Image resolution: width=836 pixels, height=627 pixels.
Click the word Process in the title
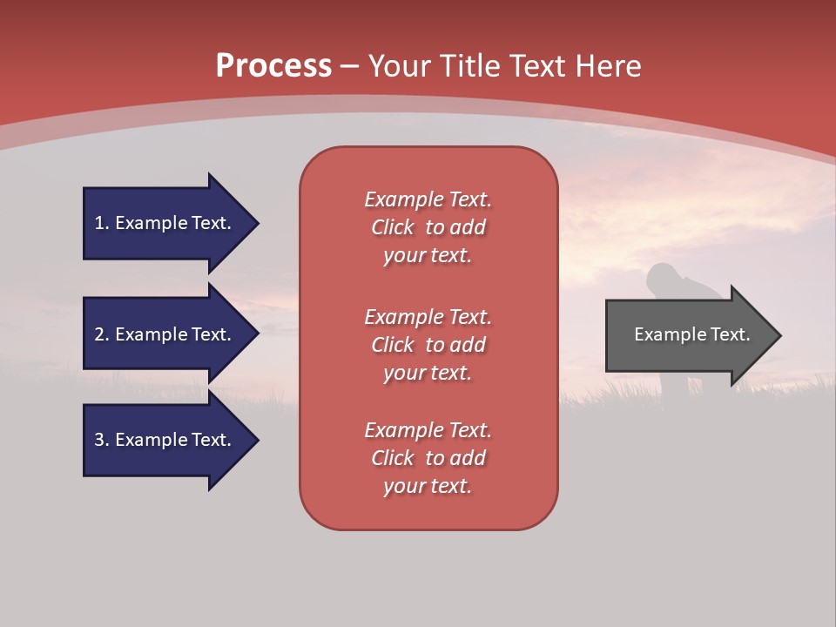(x=273, y=66)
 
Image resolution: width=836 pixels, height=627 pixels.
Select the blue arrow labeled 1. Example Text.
(x=165, y=223)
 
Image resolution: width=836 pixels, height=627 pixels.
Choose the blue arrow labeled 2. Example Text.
(x=165, y=334)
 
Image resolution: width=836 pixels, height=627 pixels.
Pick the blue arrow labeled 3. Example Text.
(x=165, y=440)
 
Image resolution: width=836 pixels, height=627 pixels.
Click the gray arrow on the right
(x=688, y=335)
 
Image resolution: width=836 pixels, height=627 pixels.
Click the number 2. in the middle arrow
(x=102, y=334)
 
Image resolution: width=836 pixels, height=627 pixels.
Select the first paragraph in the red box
(x=428, y=227)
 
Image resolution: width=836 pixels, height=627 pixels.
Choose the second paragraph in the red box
(x=428, y=345)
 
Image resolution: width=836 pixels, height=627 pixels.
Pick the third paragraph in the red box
(x=428, y=458)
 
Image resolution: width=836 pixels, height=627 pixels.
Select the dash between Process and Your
(x=349, y=66)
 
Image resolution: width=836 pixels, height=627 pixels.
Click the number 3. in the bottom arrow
(x=102, y=440)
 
